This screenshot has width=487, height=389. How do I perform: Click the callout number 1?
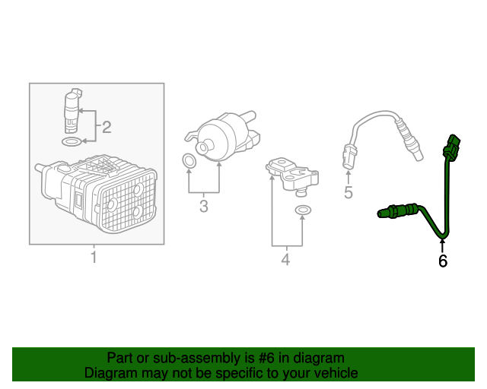click(94, 258)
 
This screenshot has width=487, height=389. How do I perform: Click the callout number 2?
click(107, 126)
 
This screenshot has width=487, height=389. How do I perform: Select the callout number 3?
click(203, 206)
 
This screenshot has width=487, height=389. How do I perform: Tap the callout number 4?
click(285, 260)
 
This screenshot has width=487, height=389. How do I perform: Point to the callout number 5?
click(349, 192)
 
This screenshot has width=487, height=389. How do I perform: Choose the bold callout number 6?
click(443, 261)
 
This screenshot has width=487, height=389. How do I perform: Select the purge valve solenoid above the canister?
click(72, 110)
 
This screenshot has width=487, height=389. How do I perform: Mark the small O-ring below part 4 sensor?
click(302, 210)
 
